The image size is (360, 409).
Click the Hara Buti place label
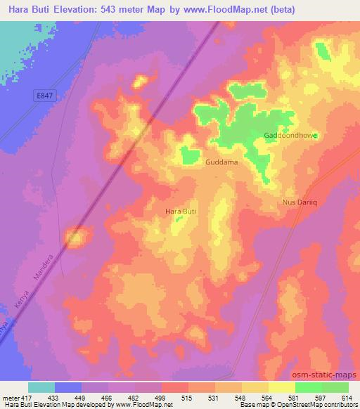[x=179, y=211]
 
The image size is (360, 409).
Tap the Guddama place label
[x=221, y=162]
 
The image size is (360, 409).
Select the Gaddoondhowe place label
[x=290, y=135]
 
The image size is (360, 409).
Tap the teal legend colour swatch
[x=41, y=387]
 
